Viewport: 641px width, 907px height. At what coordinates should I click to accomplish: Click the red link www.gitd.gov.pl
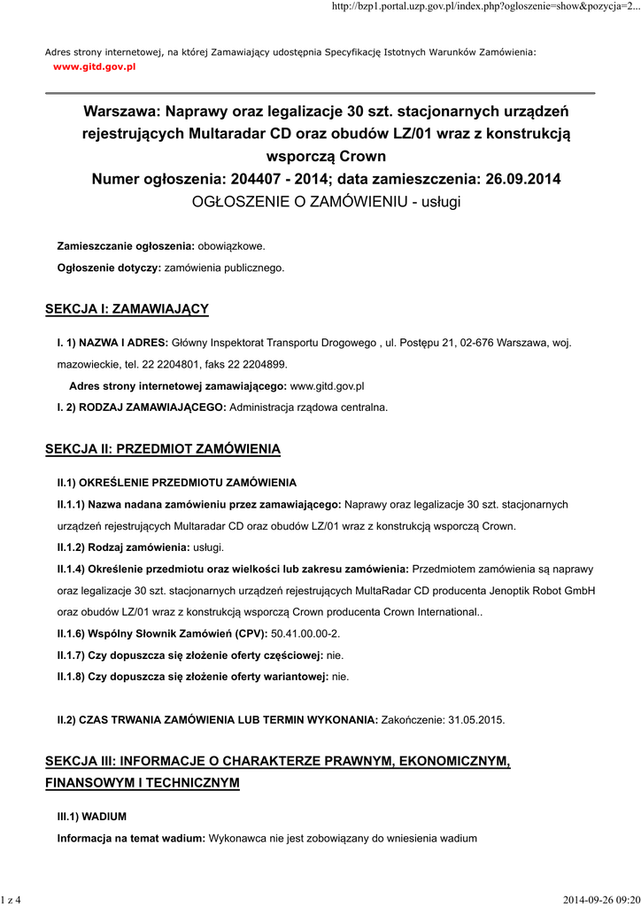94,66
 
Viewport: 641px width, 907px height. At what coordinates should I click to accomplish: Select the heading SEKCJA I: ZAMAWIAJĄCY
127,308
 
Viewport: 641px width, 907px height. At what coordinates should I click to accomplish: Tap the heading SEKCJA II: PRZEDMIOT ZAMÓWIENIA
163,449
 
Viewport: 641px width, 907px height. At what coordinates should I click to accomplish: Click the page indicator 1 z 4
12,900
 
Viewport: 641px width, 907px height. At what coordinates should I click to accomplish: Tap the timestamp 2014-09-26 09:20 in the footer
600,900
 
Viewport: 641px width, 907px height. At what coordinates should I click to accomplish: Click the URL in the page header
484,7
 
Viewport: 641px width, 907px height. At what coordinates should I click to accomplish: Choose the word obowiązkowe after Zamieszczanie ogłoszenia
230,245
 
